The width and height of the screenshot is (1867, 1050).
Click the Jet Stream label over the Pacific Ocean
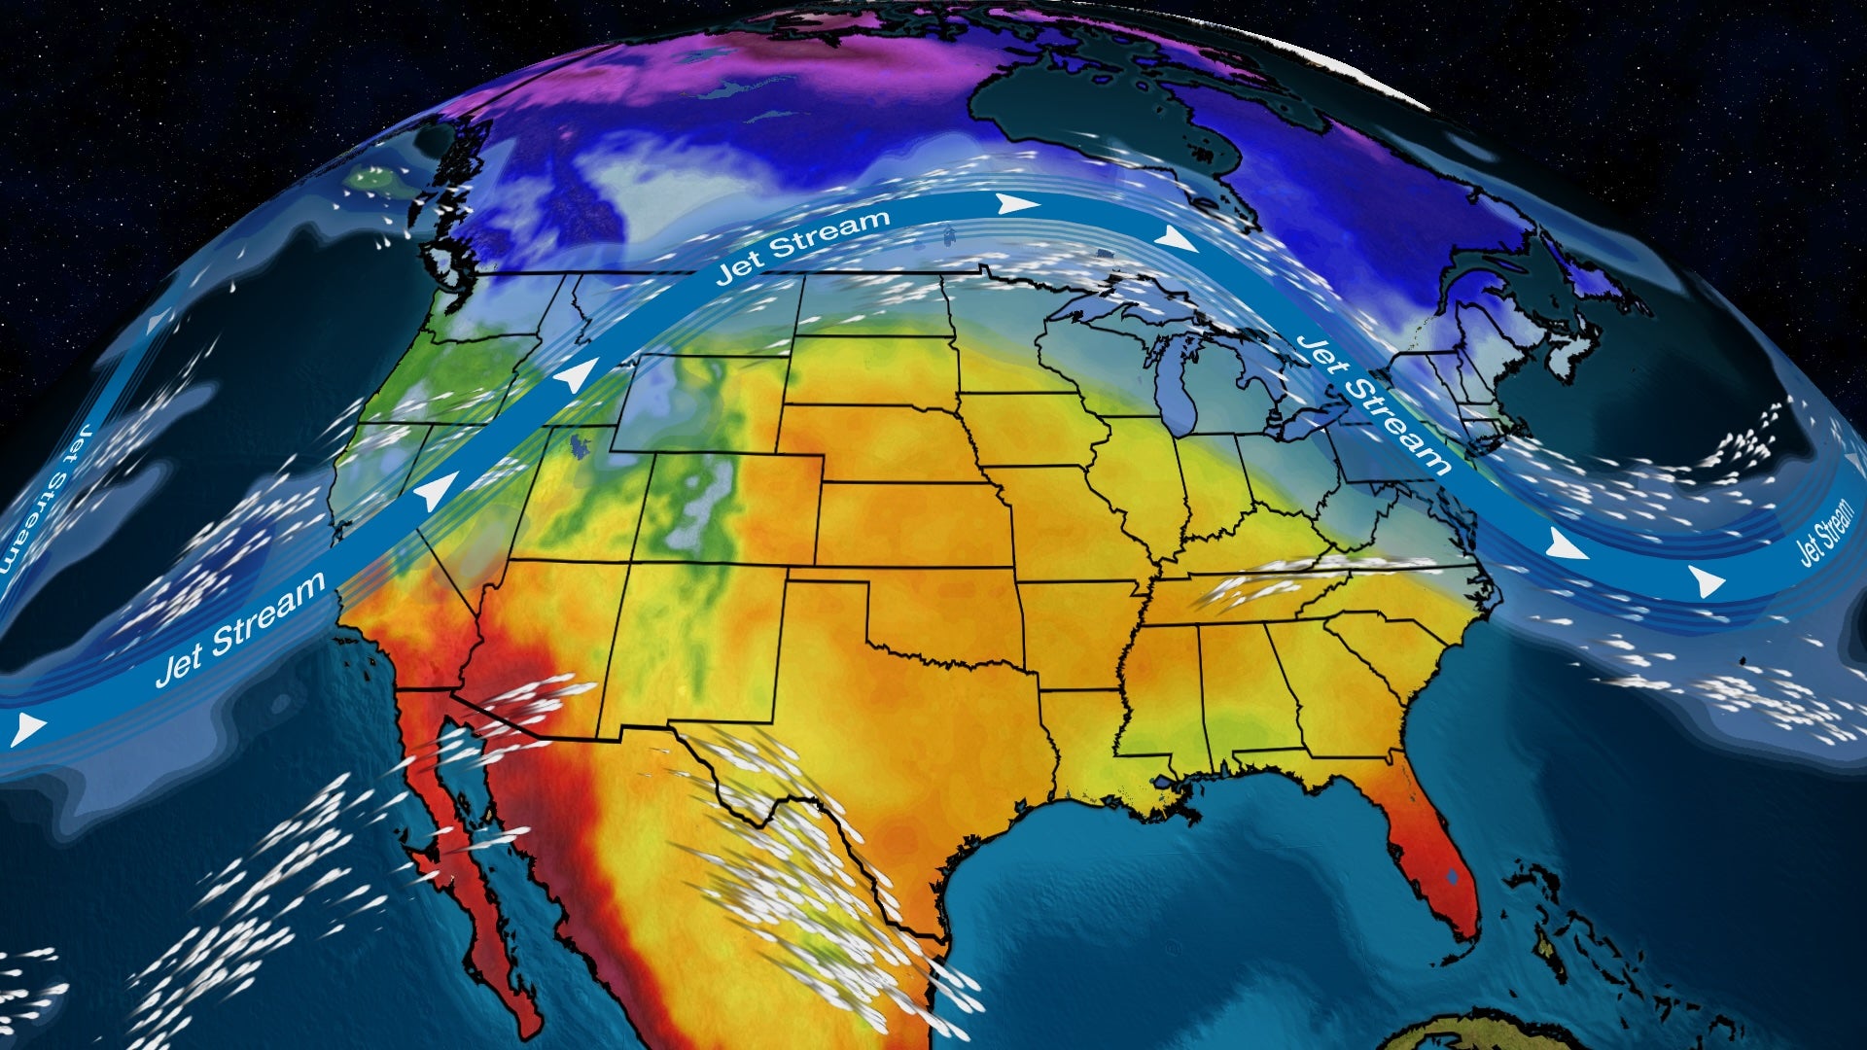(240, 629)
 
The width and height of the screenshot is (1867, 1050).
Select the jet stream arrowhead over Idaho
(579, 373)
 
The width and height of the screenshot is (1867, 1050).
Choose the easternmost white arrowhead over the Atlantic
(1706, 582)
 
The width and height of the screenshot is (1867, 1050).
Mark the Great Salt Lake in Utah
(581, 446)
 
